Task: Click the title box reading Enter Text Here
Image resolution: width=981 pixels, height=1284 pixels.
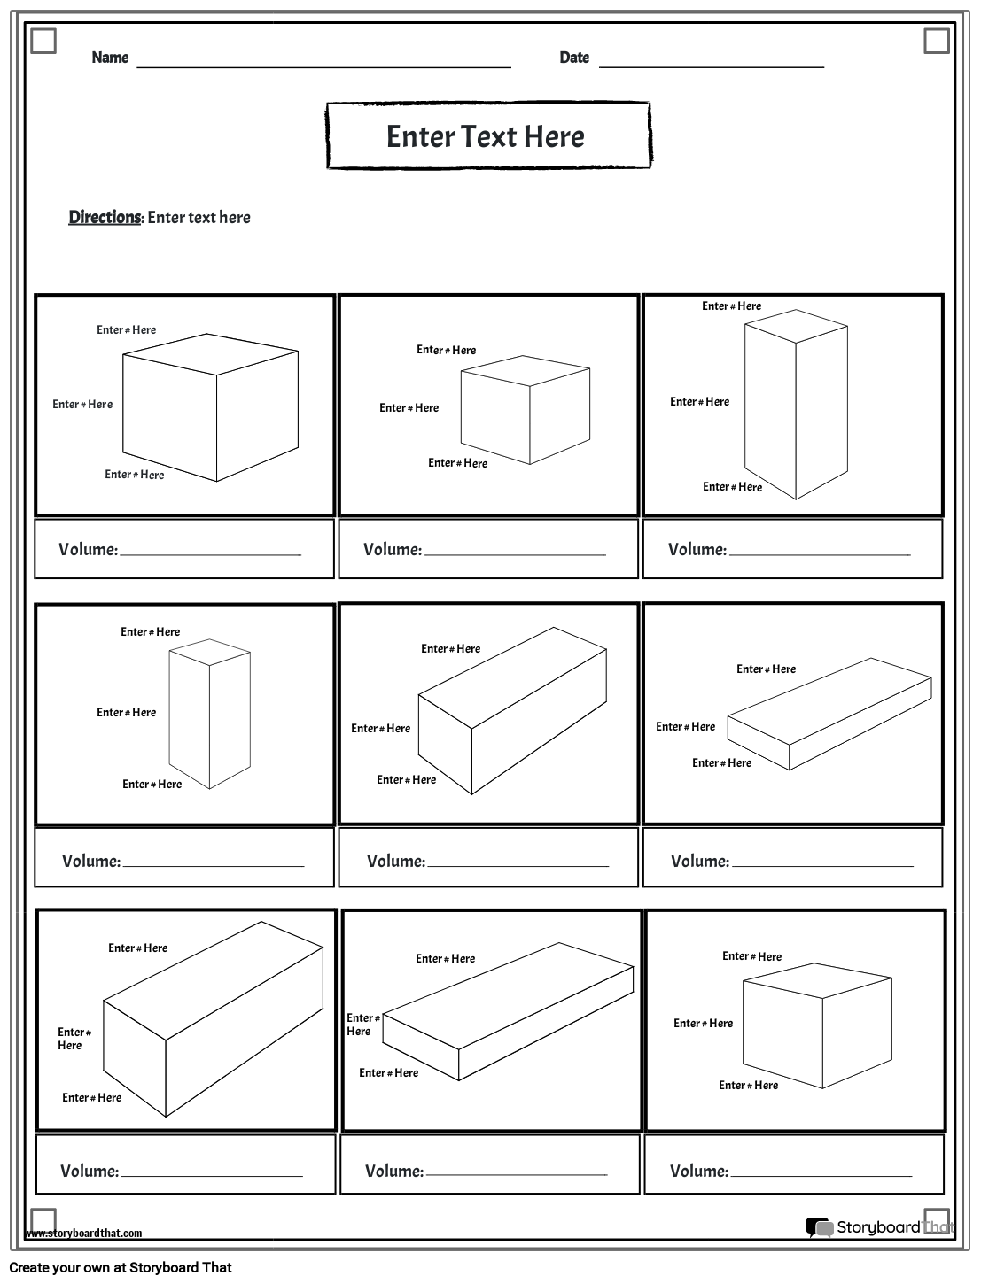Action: [487, 135]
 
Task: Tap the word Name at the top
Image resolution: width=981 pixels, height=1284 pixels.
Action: [110, 58]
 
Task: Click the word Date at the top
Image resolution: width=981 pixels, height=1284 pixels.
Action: [574, 58]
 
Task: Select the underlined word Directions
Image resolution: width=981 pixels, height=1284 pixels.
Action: [105, 217]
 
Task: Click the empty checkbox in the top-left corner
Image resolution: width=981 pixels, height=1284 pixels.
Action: [43, 41]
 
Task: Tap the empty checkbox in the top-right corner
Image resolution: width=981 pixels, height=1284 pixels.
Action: [936, 41]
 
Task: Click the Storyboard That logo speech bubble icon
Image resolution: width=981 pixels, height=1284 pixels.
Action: [818, 1226]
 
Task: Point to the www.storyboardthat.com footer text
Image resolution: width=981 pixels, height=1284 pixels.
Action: [83, 1233]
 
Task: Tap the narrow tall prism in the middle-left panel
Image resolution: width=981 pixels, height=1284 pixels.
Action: [210, 714]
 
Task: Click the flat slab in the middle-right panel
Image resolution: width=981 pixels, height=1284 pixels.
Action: [829, 714]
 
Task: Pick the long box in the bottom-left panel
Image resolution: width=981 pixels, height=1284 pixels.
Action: [213, 1018]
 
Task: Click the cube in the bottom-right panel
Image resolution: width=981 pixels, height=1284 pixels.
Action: [817, 1032]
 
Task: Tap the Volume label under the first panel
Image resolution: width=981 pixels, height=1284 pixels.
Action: [88, 549]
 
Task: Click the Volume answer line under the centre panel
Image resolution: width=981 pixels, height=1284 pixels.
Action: [518, 864]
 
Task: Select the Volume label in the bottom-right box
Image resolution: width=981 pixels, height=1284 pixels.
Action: [698, 1171]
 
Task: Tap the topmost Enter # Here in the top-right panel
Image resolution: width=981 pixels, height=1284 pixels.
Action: [731, 306]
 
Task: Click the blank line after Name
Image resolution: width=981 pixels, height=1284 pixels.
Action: [323, 66]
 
